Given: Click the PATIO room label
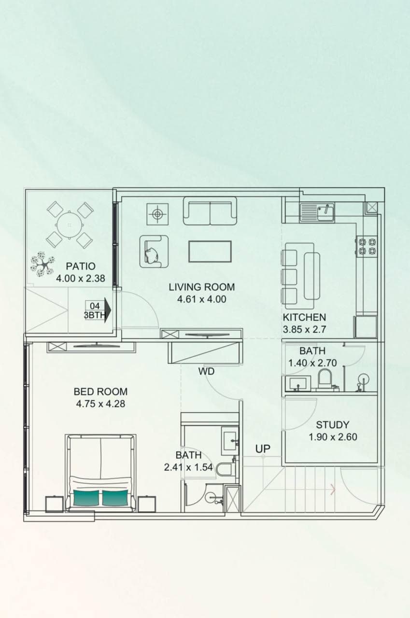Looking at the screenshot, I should (x=81, y=266).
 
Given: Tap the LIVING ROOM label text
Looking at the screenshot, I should (x=201, y=287).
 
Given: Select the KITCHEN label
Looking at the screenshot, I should (x=304, y=317).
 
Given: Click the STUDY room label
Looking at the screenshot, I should (x=332, y=425).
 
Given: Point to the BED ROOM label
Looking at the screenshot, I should (x=100, y=391).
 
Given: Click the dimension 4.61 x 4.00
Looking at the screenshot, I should (x=201, y=299).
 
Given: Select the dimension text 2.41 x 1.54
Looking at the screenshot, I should (x=188, y=467).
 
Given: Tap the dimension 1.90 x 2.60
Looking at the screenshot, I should (x=332, y=437).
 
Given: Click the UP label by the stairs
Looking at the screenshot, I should (x=263, y=449).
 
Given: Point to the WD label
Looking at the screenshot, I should (x=206, y=372).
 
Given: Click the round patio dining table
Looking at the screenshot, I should (x=70, y=225).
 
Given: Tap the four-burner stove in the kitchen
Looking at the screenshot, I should (x=367, y=246).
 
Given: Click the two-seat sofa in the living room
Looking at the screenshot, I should (x=210, y=211).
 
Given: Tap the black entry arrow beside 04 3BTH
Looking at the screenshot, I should (x=107, y=309).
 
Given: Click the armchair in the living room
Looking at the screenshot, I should (x=154, y=251).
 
